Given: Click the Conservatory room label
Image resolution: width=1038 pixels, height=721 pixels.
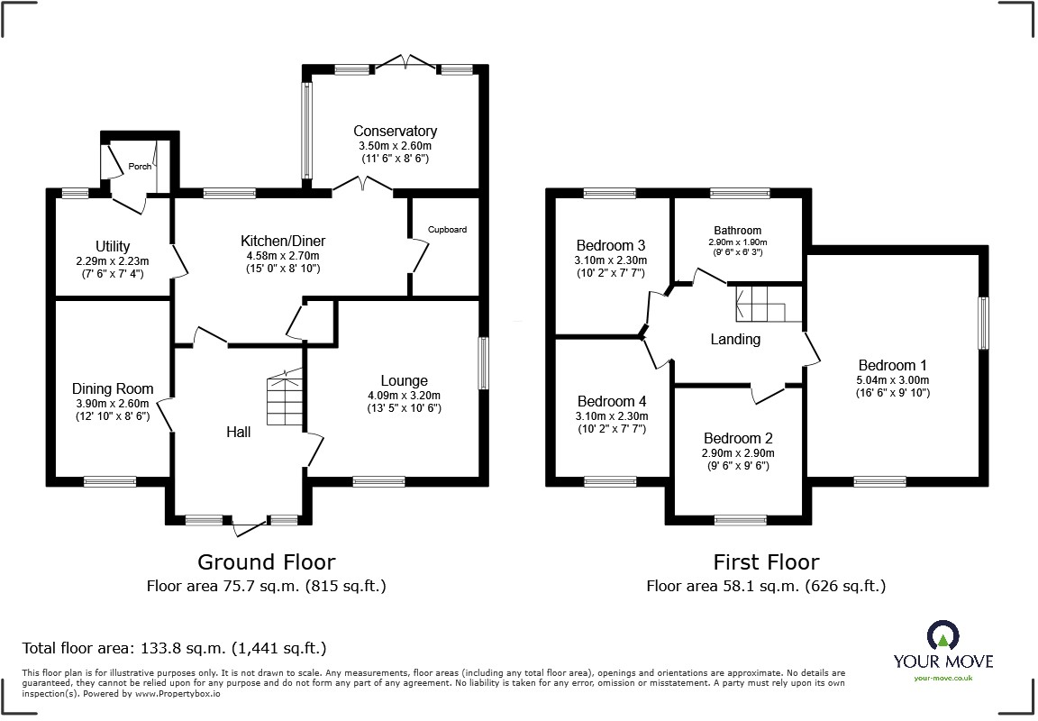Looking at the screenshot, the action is tap(395, 131).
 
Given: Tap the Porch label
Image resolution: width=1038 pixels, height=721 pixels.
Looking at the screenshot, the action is tap(140, 166).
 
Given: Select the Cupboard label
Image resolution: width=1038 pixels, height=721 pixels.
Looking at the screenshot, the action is tap(447, 230).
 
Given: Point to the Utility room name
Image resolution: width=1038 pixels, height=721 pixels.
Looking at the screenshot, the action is tap(113, 247).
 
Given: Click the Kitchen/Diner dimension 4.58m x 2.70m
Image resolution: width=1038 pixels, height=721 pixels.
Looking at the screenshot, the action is tap(283, 256).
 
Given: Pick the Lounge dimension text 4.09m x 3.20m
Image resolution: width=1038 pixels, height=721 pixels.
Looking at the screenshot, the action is tap(404, 396).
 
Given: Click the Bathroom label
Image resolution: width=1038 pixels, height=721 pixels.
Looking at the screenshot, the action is tap(737, 231).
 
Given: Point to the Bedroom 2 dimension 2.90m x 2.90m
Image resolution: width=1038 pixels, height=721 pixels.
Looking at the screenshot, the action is tap(738, 453).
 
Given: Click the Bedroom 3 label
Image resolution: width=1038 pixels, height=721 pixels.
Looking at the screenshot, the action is tap(610, 246).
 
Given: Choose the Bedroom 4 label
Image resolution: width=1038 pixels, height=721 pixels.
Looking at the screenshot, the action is tap(612, 401).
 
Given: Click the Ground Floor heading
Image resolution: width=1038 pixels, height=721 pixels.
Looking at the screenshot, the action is tap(266, 562).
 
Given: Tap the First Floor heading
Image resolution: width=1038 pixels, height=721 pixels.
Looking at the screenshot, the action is tap(766, 562).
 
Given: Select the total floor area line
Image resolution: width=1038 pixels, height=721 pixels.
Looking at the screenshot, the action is tap(174, 647).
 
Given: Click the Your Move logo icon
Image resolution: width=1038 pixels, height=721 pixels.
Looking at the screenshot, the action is tap(943, 634).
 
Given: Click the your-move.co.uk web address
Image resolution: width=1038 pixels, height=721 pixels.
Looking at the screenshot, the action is tap(943, 678).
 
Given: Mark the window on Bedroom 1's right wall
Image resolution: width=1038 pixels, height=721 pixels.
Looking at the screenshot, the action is tap(984, 323).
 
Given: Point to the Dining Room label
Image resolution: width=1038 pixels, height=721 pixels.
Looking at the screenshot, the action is tap(113, 388).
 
